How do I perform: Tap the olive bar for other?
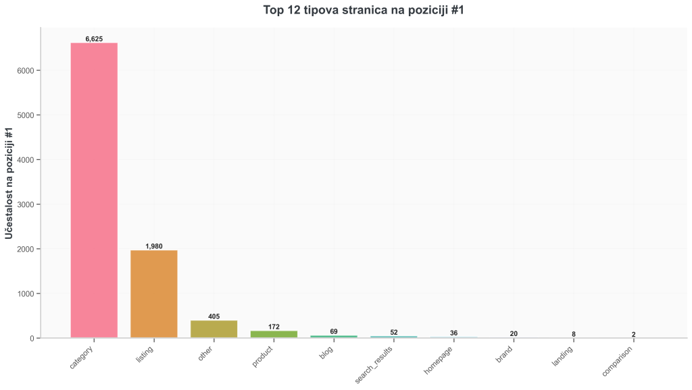click(x=214, y=329)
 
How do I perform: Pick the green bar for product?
click(x=274, y=334)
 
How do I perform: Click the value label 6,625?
click(x=94, y=38)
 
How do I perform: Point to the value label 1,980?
click(x=154, y=246)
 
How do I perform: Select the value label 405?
click(x=214, y=316)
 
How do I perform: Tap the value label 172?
click(x=274, y=327)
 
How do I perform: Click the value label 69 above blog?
click(x=334, y=331)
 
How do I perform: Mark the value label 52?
click(x=394, y=332)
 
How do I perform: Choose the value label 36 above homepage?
click(x=453, y=333)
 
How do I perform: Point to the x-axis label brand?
click(x=504, y=355)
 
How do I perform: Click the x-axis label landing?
click(x=562, y=356)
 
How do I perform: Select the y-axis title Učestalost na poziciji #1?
click(x=9, y=183)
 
